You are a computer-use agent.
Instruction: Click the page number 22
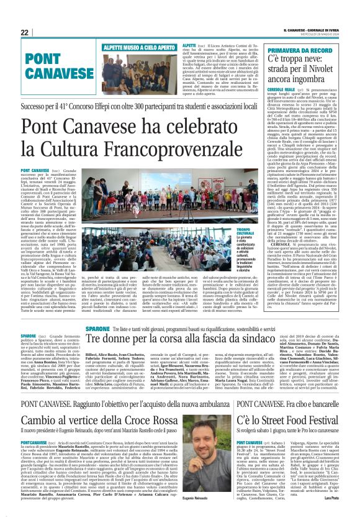click(25, 32)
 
